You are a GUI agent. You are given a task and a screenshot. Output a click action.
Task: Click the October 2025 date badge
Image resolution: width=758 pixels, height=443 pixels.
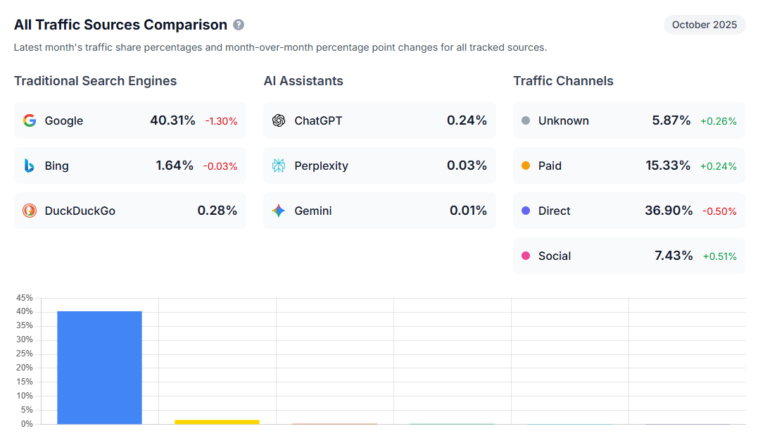point(705,25)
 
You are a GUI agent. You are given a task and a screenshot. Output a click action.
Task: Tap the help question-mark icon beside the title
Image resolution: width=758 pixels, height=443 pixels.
point(239,25)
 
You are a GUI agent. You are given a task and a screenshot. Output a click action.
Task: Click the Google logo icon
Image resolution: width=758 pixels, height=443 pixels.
point(29,120)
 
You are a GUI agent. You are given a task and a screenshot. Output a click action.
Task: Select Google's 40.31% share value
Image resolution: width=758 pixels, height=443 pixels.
point(172,120)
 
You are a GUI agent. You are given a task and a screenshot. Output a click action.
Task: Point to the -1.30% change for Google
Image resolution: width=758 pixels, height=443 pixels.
point(221,121)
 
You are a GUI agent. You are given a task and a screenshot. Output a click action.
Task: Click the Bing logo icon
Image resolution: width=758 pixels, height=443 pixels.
point(29,166)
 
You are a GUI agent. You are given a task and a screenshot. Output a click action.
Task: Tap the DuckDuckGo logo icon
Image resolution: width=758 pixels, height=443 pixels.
point(29,211)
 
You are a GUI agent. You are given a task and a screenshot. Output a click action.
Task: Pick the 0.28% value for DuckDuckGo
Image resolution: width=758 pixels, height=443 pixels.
point(217,211)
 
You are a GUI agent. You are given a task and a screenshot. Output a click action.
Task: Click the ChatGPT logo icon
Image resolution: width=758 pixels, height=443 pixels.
point(279,120)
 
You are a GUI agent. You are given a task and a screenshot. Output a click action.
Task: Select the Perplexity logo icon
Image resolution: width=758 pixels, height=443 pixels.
point(279,166)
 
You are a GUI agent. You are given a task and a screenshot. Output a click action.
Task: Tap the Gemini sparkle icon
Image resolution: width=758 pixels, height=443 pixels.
point(279,211)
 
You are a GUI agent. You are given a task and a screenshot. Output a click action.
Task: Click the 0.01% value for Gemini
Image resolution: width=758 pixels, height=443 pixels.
point(468,211)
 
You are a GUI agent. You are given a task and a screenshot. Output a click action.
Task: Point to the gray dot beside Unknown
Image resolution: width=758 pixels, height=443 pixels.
point(526,120)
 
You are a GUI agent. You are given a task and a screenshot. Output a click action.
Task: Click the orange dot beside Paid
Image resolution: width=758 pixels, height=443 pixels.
point(526,166)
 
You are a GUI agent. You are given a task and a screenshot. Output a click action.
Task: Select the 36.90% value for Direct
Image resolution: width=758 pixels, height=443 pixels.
point(669,211)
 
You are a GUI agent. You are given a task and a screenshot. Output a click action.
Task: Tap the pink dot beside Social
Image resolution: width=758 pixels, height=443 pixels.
point(526,256)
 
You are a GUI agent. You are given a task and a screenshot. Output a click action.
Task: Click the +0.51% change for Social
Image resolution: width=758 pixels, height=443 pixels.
point(719,256)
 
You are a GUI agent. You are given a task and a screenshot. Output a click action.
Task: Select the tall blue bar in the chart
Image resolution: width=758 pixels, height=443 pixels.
point(99,367)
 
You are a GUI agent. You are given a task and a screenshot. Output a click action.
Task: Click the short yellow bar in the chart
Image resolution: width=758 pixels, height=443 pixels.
point(217,421)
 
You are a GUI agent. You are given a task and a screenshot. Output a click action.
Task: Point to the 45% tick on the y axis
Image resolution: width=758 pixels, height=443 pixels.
point(25,298)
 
